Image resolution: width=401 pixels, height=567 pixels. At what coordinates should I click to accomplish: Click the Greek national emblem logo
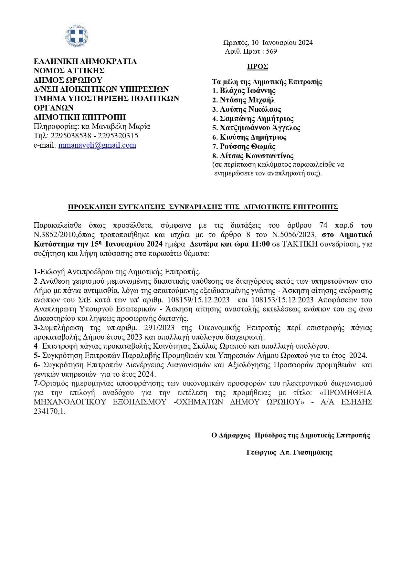coord(77,36)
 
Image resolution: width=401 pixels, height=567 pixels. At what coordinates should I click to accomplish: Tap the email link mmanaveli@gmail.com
coord(97,145)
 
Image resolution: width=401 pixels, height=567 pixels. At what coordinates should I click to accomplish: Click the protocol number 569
coord(272,51)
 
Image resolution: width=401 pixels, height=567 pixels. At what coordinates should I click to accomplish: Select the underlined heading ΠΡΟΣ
coord(258,67)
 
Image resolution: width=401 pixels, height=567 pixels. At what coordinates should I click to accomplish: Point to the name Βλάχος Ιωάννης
coord(248,91)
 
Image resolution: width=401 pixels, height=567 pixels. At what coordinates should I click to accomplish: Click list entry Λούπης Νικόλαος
coord(250,110)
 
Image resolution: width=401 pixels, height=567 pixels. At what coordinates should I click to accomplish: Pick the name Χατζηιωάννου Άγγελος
coord(260,128)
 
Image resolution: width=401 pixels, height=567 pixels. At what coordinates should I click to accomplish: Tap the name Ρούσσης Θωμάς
coord(248,147)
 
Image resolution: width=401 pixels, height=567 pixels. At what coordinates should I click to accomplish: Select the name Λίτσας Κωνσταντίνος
coord(257,156)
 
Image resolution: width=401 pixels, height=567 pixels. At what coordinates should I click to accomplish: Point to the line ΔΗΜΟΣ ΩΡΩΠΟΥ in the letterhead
coord(68,80)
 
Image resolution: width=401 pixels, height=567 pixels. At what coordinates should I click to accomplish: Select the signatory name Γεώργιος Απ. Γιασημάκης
coord(289,452)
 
